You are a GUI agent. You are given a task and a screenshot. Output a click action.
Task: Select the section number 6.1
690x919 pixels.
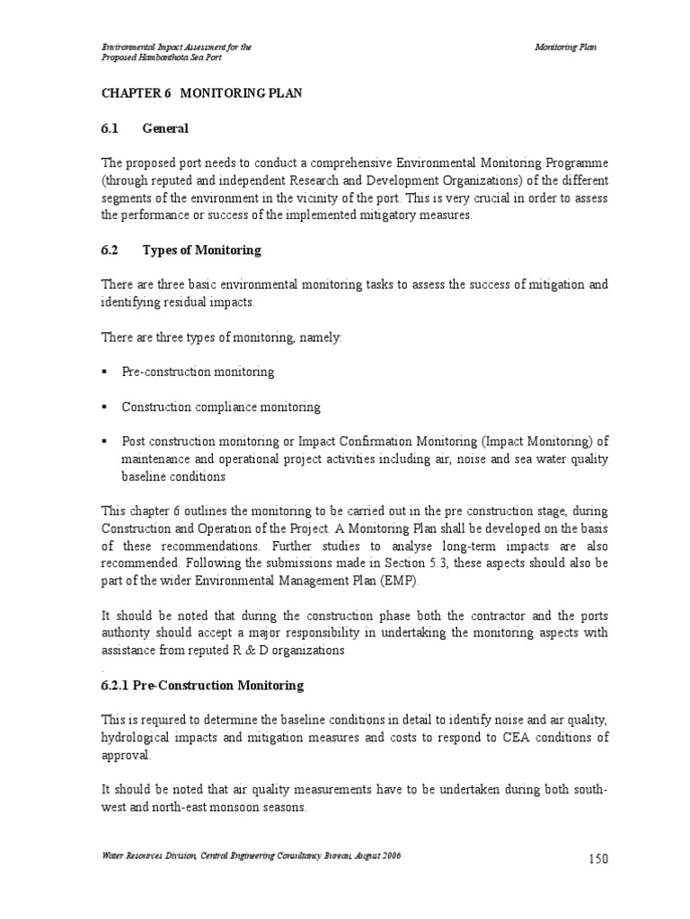pyautogui.click(x=110, y=128)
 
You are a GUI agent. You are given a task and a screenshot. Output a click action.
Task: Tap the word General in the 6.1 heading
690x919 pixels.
pyautogui.click(x=165, y=128)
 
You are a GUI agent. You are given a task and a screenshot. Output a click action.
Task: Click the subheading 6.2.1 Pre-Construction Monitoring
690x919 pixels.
pyautogui.click(x=201, y=686)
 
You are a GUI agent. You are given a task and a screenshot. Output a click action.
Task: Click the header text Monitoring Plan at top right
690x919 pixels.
pyautogui.click(x=565, y=46)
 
